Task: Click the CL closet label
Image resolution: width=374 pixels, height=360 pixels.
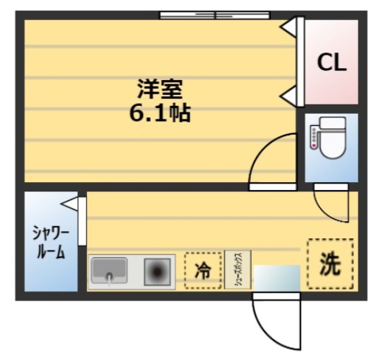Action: [332, 62]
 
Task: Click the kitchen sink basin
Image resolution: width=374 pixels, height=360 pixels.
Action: [109, 269]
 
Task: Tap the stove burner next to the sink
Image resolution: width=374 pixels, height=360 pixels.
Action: [157, 271]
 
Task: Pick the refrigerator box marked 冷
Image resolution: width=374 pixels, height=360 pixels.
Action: [203, 271]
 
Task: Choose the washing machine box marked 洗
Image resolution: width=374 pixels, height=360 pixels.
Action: [330, 263]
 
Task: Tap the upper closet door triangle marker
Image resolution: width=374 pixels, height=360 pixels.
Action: [288, 27]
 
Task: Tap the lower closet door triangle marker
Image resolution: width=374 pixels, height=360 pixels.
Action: [288, 93]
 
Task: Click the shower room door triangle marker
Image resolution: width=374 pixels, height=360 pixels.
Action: [70, 204]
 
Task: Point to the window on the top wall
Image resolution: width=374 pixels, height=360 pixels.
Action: [214, 14]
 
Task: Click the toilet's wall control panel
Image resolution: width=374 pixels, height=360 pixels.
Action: [314, 137]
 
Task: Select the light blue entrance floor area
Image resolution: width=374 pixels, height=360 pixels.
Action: [276, 277]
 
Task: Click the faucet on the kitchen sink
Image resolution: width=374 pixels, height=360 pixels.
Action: [109, 276]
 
